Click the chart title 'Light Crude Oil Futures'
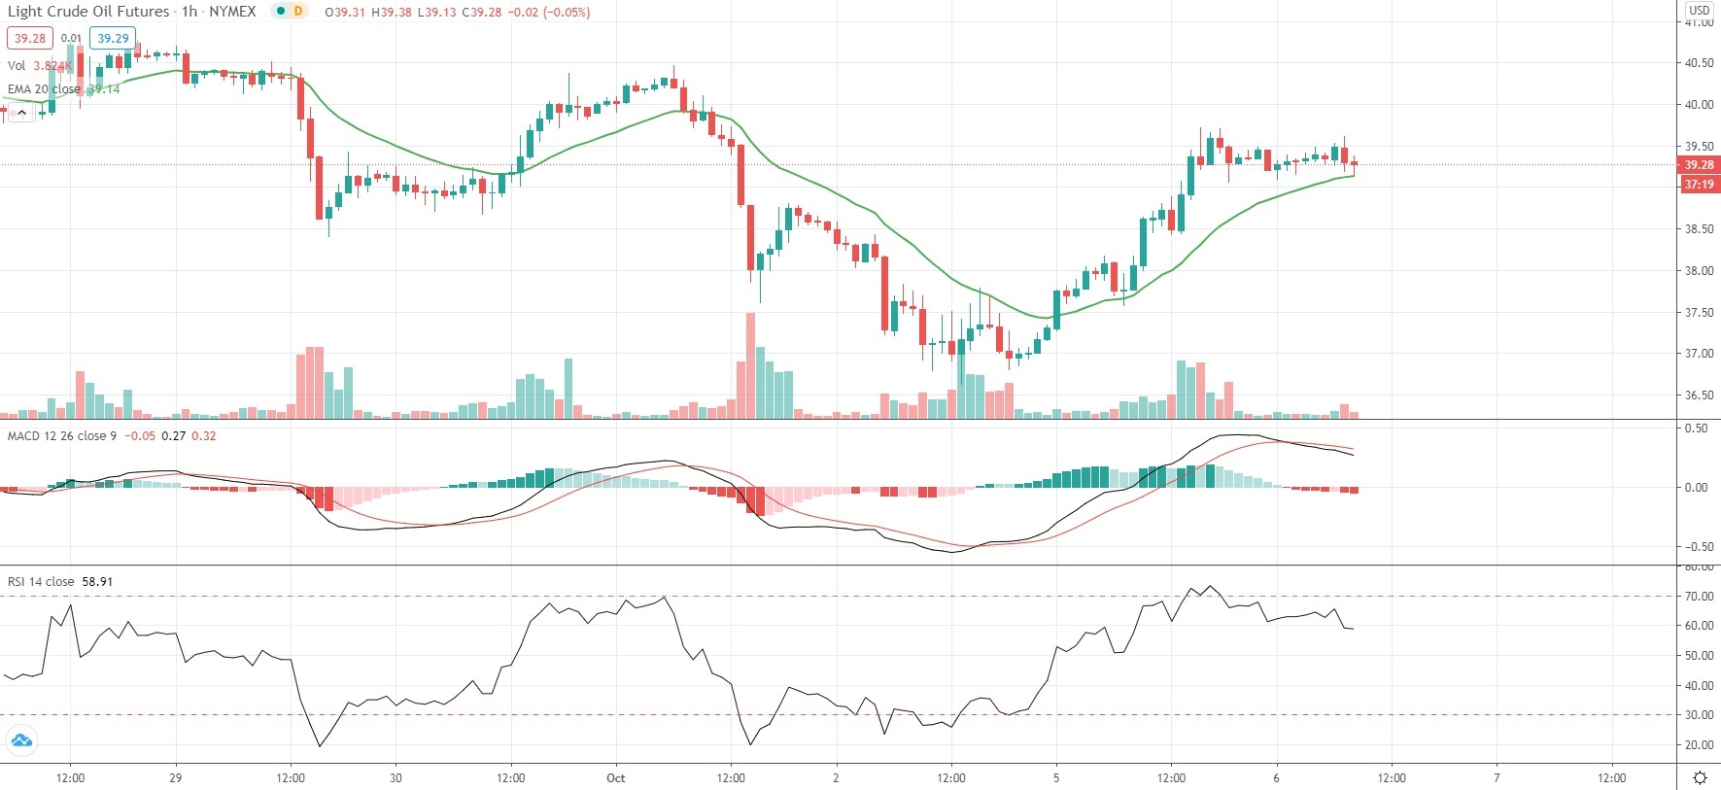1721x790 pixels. point(88,12)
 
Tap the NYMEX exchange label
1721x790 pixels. point(232,12)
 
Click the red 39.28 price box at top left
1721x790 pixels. point(30,39)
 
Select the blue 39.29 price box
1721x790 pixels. point(113,39)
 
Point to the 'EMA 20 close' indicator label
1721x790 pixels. point(44,89)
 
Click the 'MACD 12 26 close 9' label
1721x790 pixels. point(61,436)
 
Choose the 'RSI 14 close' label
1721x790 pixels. point(41,582)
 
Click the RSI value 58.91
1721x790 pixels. point(97,582)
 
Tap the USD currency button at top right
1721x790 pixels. point(1699,10)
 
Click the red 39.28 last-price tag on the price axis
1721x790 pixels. point(1699,165)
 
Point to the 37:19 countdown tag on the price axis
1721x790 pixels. point(1699,185)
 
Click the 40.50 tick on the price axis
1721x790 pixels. point(1699,63)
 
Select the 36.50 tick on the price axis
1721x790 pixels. point(1699,395)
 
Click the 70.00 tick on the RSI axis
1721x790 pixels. point(1699,597)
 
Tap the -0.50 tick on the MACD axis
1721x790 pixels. point(1696,547)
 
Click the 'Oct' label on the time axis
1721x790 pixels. point(615,778)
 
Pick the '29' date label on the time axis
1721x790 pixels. point(175,778)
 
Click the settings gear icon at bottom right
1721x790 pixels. point(1700,777)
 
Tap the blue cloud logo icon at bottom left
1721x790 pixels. point(21,741)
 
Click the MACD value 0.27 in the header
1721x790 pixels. point(173,436)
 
